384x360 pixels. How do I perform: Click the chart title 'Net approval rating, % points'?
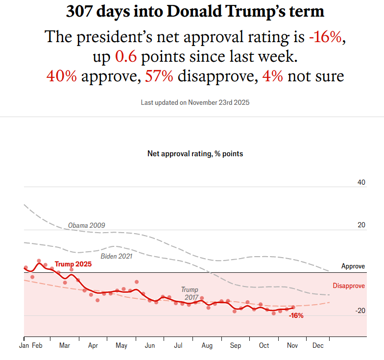[x=195, y=153]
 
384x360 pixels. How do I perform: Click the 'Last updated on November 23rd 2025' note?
[x=195, y=102]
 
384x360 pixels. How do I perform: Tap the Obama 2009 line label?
[x=86, y=225]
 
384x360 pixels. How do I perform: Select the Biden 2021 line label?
[x=117, y=256]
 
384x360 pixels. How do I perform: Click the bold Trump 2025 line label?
[x=73, y=264]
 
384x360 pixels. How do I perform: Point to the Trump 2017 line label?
[x=190, y=293]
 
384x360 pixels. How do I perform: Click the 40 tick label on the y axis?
[x=361, y=183]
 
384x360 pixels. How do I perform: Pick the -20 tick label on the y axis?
[x=360, y=311]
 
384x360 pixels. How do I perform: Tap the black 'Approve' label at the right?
[x=353, y=266]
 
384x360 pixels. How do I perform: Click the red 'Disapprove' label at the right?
[x=349, y=286]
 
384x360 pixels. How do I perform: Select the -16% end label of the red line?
[x=296, y=315]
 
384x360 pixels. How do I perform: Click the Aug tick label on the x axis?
[x=207, y=345]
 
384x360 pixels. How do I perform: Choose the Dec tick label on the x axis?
[x=318, y=345]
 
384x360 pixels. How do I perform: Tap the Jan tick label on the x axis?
[x=24, y=345]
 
